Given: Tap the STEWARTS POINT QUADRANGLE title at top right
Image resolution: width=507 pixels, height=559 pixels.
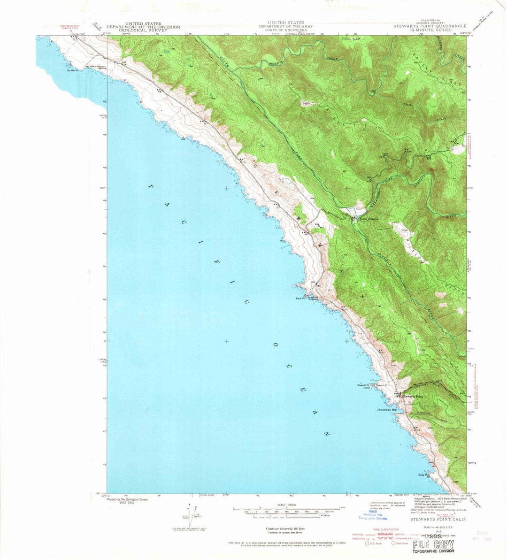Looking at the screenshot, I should pos(430,26).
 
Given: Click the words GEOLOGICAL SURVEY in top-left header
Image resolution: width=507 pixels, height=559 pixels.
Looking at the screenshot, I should pos(137,30).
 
